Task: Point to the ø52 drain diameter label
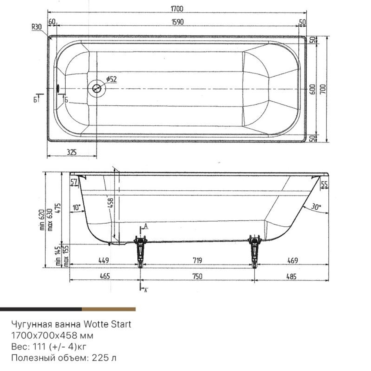coord(111,79)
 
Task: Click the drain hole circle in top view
coord(97,89)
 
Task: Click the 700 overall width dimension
coord(324,89)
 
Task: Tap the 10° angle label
coord(77,208)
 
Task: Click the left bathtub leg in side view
coord(140,250)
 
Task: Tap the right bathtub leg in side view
coord(255,250)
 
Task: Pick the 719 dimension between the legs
coord(197,261)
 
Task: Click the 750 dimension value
coord(197,276)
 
